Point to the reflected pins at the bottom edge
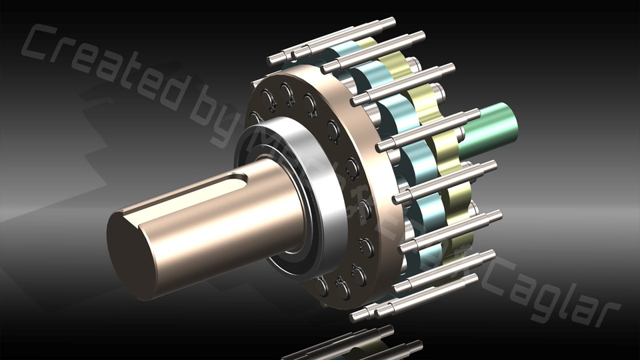(x=353, y=343)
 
